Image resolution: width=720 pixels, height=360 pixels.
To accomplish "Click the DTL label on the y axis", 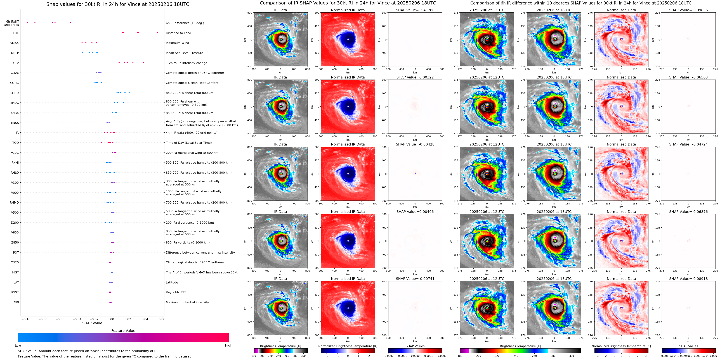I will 16,33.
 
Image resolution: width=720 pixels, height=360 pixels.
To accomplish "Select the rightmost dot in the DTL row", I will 157,33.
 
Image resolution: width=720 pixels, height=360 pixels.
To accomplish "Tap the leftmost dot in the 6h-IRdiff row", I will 27,23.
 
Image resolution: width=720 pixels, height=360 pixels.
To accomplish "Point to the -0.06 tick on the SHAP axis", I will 60,319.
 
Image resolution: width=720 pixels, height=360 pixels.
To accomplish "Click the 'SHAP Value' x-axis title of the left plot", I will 92,323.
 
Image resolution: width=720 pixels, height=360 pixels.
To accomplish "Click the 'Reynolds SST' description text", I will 176,292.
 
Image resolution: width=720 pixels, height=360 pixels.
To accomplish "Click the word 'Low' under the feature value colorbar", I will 18,345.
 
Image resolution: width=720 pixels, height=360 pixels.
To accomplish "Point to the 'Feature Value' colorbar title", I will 123,331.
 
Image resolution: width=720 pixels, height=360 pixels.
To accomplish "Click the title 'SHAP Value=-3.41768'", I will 415,10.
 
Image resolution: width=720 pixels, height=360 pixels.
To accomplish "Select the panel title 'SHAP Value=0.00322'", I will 415,77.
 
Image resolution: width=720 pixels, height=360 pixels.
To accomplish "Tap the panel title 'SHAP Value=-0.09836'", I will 688,10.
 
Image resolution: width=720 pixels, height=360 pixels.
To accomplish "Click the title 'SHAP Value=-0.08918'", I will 688,279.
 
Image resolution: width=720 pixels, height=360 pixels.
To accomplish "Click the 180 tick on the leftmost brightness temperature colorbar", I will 254,356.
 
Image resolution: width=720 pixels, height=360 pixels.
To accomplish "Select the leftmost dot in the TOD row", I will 102,142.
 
